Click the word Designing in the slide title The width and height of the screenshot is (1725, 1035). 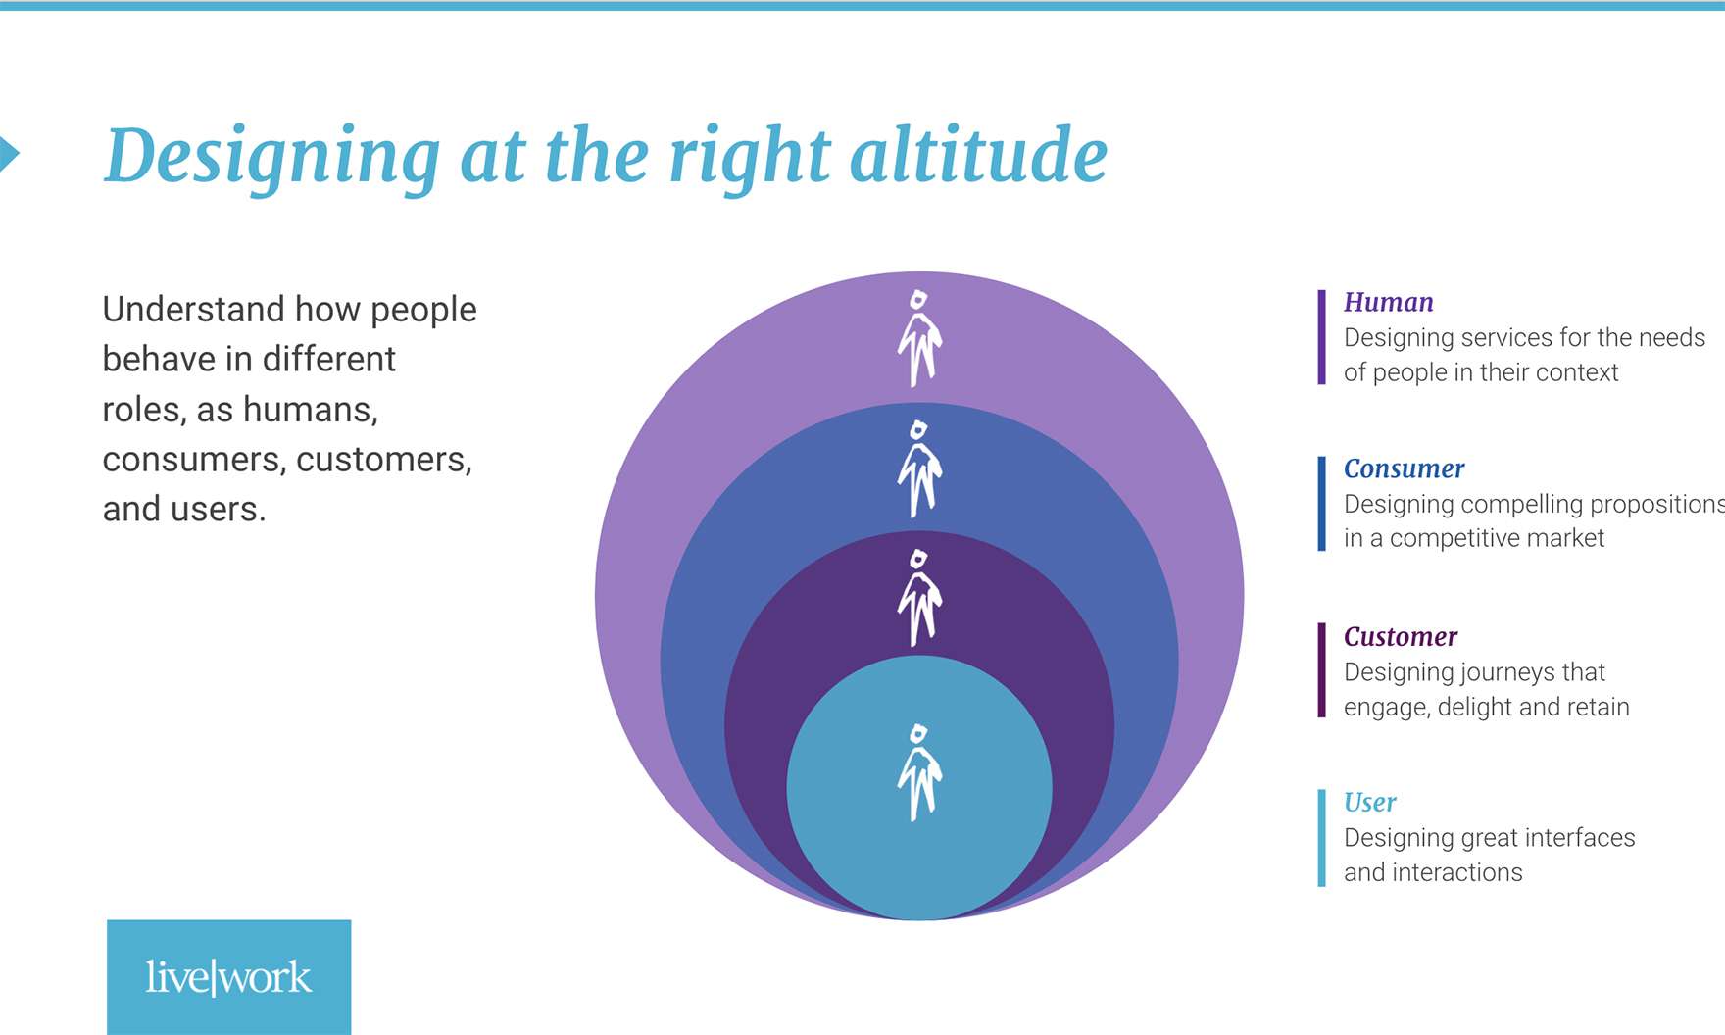point(272,157)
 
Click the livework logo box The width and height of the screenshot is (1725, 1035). point(228,977)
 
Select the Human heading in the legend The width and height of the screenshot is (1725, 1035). point(1388,302)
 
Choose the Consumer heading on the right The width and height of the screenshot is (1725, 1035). point(1404,468)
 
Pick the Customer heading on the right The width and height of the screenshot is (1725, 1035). point(1401,636)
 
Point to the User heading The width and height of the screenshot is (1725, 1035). point(1369,802)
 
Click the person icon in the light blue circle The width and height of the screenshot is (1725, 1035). point(919,772)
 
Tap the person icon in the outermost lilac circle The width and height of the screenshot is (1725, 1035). point(919,338)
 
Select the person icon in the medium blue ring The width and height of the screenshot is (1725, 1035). point(919,468)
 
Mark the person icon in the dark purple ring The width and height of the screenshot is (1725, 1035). point(919,598)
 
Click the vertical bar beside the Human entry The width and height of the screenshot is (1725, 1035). point(1322,337)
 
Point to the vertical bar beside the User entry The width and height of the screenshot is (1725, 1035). point(1322,838)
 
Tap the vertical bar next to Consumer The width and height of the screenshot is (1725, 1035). point(1322,504)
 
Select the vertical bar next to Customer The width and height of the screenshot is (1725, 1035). point(1322,670)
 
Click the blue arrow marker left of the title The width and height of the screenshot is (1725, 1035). point(8,154)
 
